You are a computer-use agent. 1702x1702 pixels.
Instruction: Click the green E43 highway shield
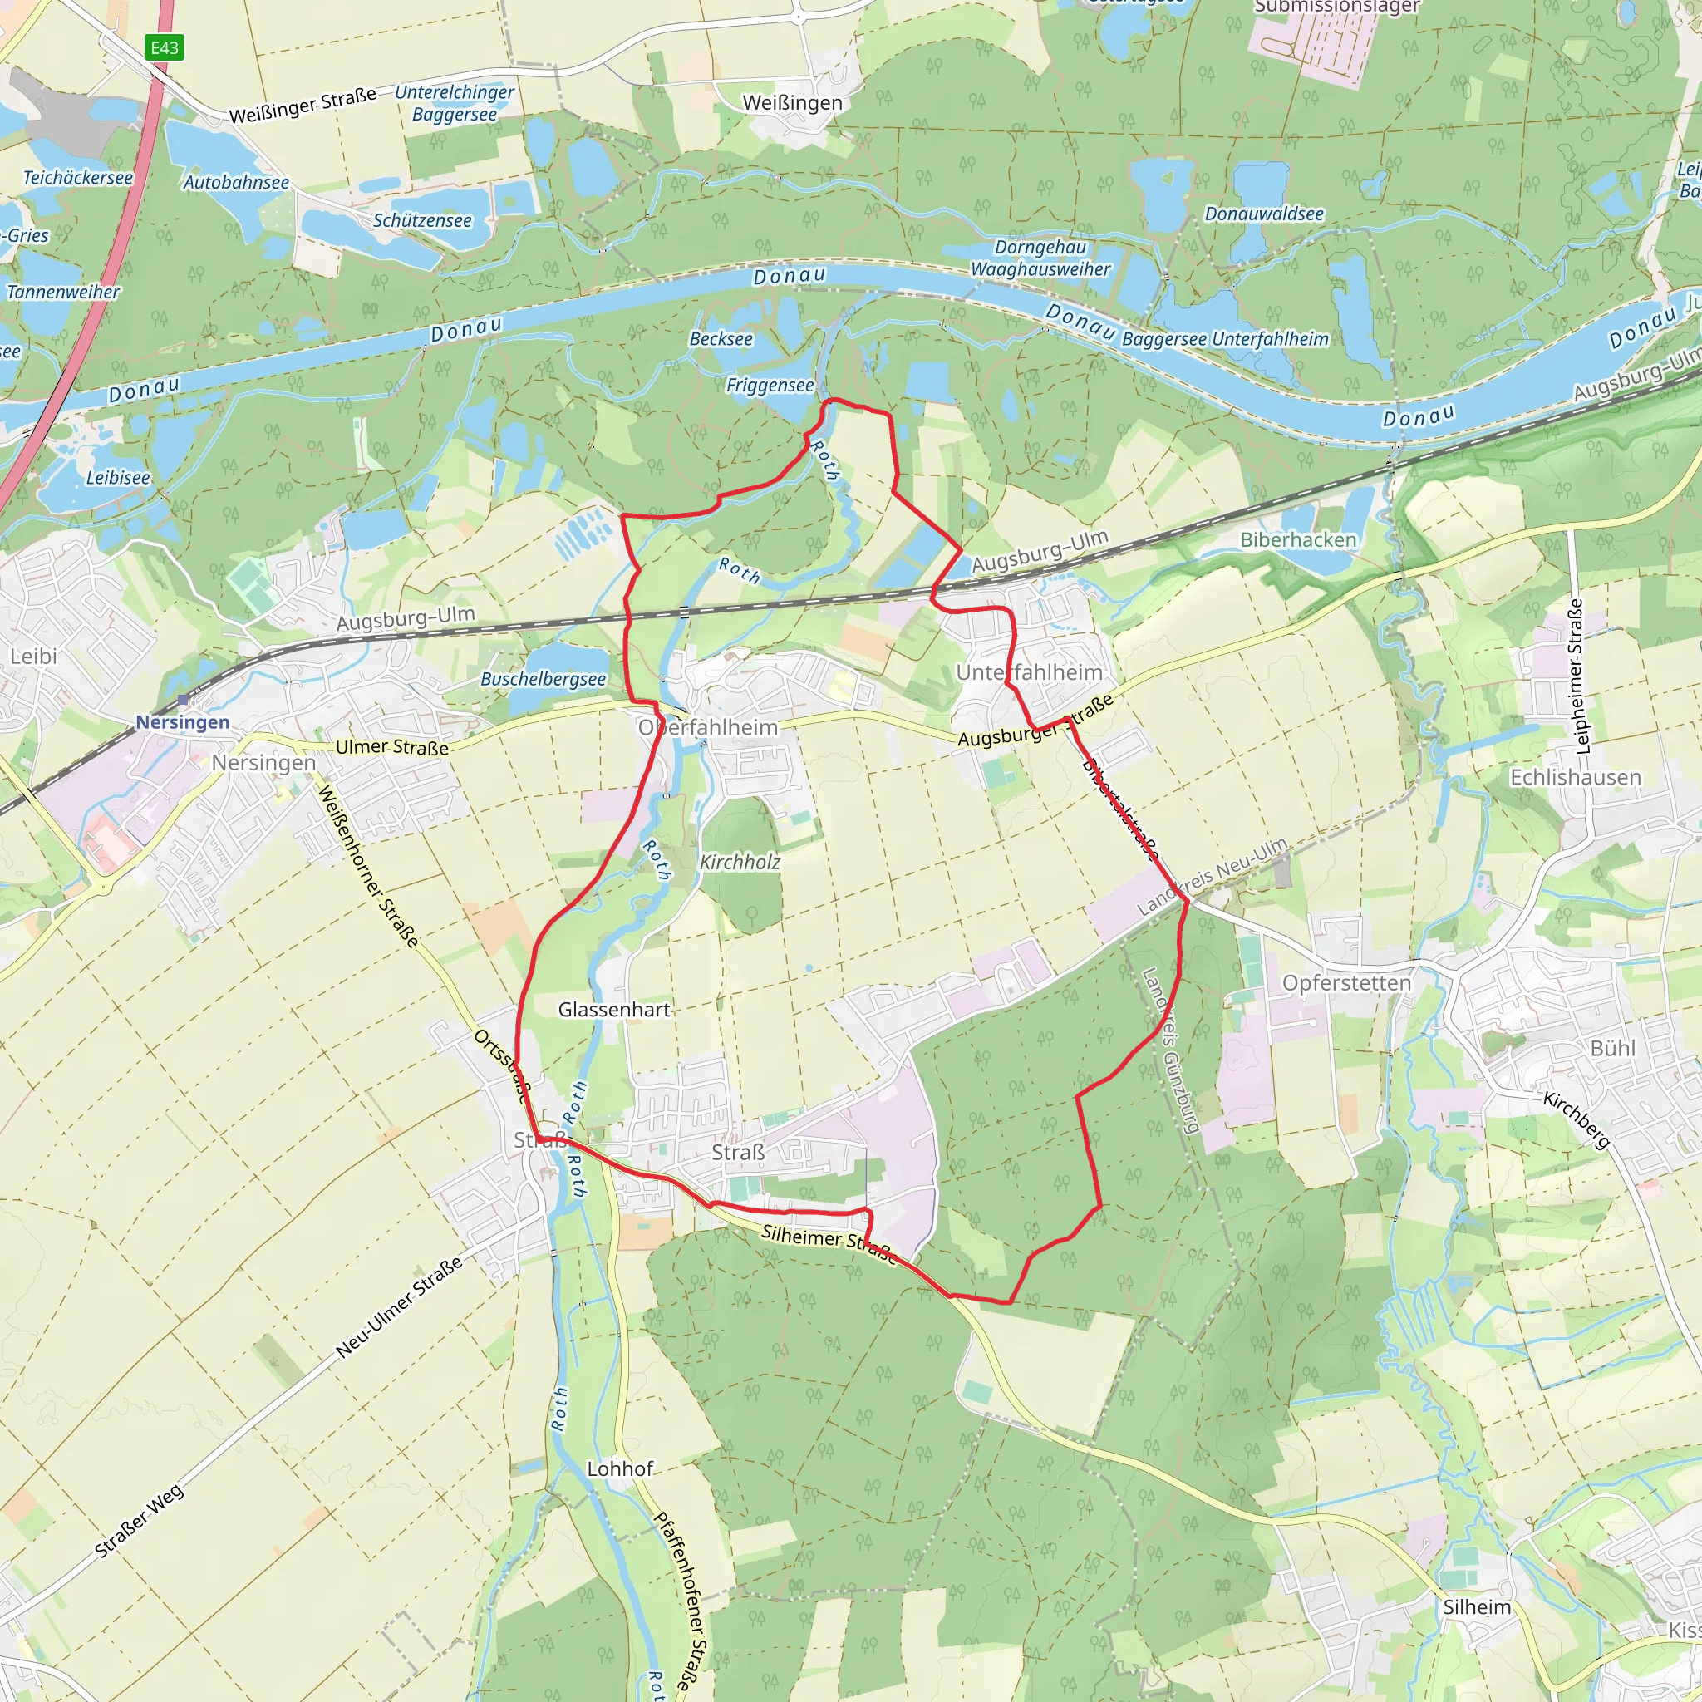tap(165, 47)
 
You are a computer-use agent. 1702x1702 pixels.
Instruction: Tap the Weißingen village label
tap(792, 103)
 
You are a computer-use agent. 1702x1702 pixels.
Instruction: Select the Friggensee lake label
tap(769, 385)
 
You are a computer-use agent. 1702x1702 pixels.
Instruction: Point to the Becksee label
tap(721, 339)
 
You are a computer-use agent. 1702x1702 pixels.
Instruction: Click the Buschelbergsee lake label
tap(543, 679)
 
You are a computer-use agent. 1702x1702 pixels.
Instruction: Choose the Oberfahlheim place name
tap(708, 728)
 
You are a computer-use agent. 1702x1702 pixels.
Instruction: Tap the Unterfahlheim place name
tap(1029, 672)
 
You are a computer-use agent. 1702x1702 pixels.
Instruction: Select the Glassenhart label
tap(614, 1010)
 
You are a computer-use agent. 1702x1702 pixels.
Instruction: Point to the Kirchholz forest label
tap(740, 863)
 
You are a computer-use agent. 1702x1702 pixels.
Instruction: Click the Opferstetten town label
tap(1346, 982)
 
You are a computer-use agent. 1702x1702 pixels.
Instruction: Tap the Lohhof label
tap(620, 1469)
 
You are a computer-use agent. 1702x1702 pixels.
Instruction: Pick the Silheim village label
tap(1477, 1607)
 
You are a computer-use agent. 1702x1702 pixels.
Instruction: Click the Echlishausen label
tap(1575, 777)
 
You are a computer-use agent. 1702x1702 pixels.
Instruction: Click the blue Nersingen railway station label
tap(182, 722)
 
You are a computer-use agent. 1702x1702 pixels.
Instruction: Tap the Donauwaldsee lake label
tap(1263, 214)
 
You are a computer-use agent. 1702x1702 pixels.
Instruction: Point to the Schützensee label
tap(422, 220)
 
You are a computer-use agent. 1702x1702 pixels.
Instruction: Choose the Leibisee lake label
tap(118, 478)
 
